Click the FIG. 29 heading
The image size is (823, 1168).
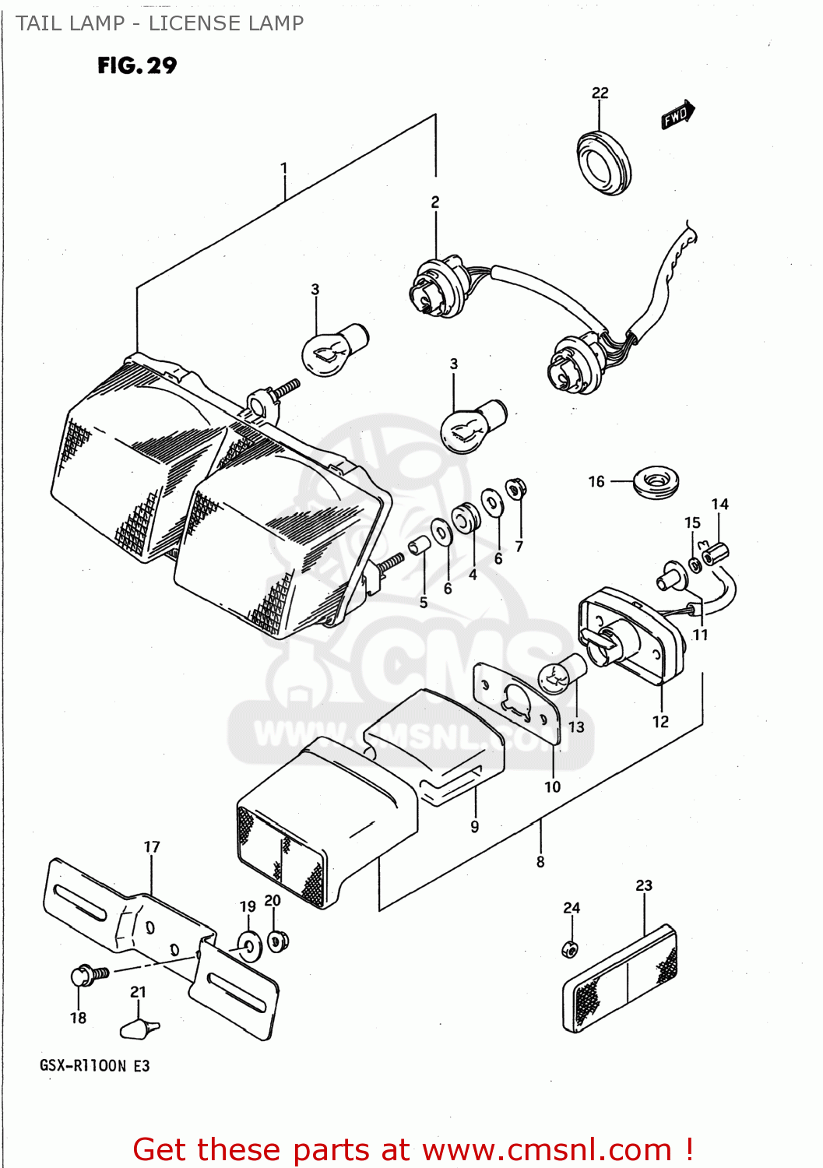[137, 65]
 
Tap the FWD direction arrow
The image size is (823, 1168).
[677, 114]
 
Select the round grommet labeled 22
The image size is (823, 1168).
[603, 164]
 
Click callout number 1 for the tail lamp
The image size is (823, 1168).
[284, 167]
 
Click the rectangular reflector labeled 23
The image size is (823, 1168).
[620, 980]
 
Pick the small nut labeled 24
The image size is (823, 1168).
[569, 949]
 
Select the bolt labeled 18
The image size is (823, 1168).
[84, 975]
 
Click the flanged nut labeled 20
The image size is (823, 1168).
[276, 941]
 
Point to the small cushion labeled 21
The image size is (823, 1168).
[139, 1029]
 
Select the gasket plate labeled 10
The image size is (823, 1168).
[517, 701]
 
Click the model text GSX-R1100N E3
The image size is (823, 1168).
[94, 1065]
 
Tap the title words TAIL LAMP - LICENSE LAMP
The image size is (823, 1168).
[160, 23]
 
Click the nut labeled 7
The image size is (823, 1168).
[514, 489]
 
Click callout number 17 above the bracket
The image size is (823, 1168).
[152, 846]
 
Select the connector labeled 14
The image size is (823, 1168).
[716, 554]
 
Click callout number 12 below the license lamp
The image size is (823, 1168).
[660, 722]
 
